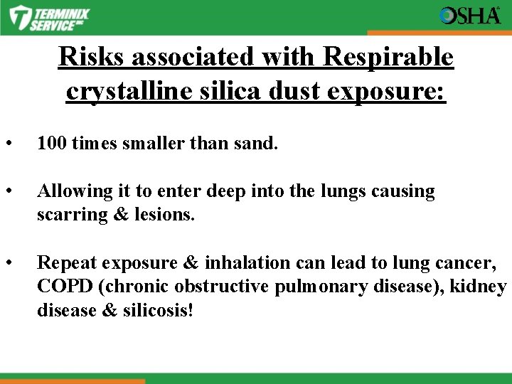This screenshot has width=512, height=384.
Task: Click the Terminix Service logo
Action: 50,17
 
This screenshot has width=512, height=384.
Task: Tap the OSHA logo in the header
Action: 470,16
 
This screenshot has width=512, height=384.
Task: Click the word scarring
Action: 70,215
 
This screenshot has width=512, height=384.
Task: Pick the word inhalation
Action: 249,263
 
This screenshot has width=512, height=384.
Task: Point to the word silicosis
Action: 160,310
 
